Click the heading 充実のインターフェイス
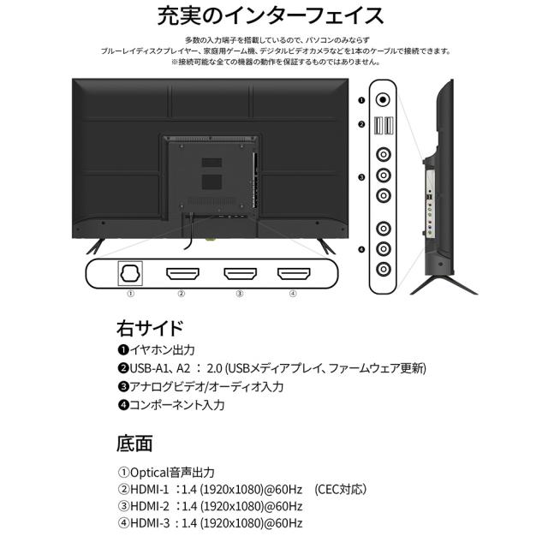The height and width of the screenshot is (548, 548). (271, 15)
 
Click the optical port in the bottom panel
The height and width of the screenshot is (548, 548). (130, 273)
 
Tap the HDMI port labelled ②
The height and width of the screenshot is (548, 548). (182, 274)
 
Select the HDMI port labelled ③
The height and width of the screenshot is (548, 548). (240, 274)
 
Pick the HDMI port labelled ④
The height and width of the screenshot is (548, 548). (294, 274)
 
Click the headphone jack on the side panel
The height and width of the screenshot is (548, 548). (383, 100)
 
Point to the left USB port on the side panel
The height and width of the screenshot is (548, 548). (378, 126)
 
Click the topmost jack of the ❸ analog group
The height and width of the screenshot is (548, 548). (384, 154)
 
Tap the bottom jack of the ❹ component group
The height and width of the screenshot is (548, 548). (384, 269)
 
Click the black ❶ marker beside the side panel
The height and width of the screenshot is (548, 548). (361, 100)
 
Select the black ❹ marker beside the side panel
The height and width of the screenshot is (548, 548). (361, 249)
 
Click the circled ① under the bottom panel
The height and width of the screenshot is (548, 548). (130, 294)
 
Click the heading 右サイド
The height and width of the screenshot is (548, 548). (150, 328)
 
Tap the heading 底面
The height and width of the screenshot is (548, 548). (134, 444)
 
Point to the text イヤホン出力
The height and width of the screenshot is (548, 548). (162, 350)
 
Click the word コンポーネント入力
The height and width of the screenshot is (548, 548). (177, 405)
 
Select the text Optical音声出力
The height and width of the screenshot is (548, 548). (172, 473)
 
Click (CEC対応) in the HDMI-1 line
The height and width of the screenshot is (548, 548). (341, 489)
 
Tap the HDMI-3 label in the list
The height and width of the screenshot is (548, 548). (150, 523)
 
